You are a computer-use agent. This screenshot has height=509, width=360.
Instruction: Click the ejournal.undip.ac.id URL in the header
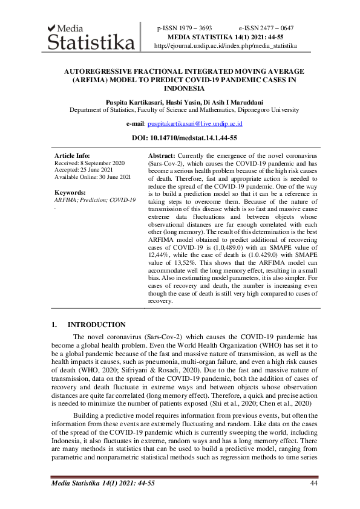pyautogui.click(x=226, y=45)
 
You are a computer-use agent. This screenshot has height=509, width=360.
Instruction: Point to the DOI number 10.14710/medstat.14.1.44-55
pyautogui.click(x=197, y=138)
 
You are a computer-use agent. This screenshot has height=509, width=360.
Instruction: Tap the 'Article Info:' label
pyautogui.click(x=72, y=156)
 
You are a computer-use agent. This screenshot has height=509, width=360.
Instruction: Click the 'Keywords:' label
pyautogui.click(x=70, y=193)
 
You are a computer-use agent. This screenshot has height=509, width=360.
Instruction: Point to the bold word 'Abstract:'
pyautogui.click(x=162, y=156)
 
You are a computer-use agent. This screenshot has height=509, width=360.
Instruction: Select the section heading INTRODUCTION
pyautogui.click(x=97, y=325)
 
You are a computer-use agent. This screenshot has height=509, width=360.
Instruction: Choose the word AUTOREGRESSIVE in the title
pyautogui.click(x=99, y=71)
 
